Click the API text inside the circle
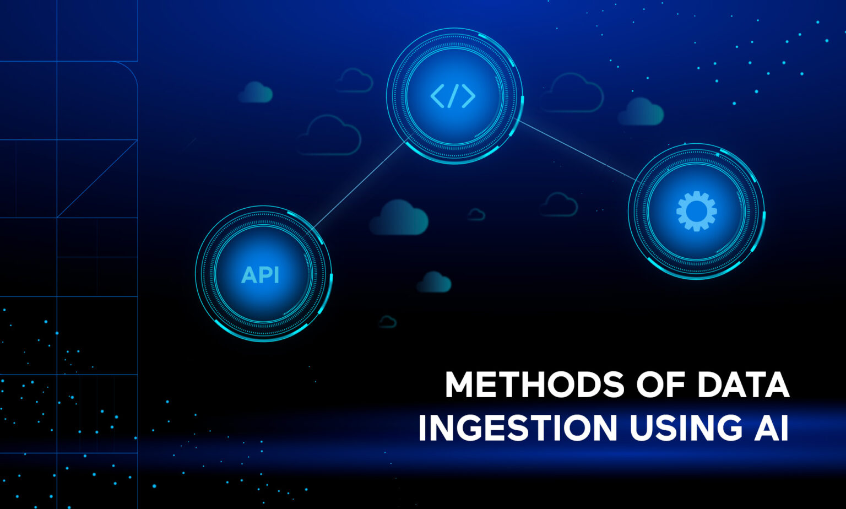coord(260,274)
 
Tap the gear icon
coord(696,211)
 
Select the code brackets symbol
coord(453,96)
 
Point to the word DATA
coord(743,385)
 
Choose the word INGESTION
coord(517,428)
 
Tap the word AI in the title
coord(774,428)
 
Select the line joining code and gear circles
coord(576,150)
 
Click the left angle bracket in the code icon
coord(438,96)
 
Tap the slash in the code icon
coord(453,96)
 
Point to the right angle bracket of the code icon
coord(468,96)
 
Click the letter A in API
coord(249,274)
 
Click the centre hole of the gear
coord(696,211)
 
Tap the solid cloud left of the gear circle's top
coord(641,112)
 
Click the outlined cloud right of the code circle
coord(571,94)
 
